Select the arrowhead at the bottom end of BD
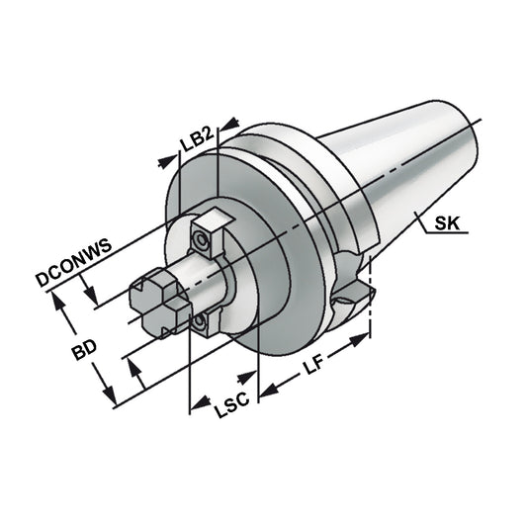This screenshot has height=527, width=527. (x=115, y=396)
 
